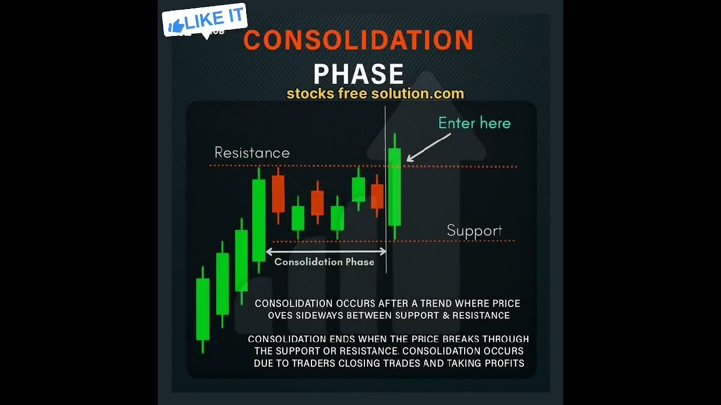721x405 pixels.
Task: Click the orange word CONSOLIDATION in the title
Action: (358, 40)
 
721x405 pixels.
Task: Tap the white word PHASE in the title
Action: (358, 74)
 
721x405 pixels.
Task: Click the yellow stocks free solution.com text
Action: (375, 94)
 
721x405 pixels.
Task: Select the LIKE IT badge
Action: (204, 21)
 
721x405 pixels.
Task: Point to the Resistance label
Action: (252, 153)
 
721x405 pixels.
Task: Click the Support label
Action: (474, 231)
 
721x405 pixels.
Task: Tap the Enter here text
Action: (474, 123)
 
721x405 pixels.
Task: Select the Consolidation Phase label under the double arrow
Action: (324, 262)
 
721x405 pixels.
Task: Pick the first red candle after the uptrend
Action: (278, 194)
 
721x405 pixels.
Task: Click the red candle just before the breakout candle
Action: (377, 196)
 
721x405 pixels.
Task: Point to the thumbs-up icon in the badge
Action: (176, 25)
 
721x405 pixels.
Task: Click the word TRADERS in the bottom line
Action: (358, 363)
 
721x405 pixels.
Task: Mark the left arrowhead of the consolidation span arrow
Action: (269, 251)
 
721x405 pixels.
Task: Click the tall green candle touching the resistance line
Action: (259, 219)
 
